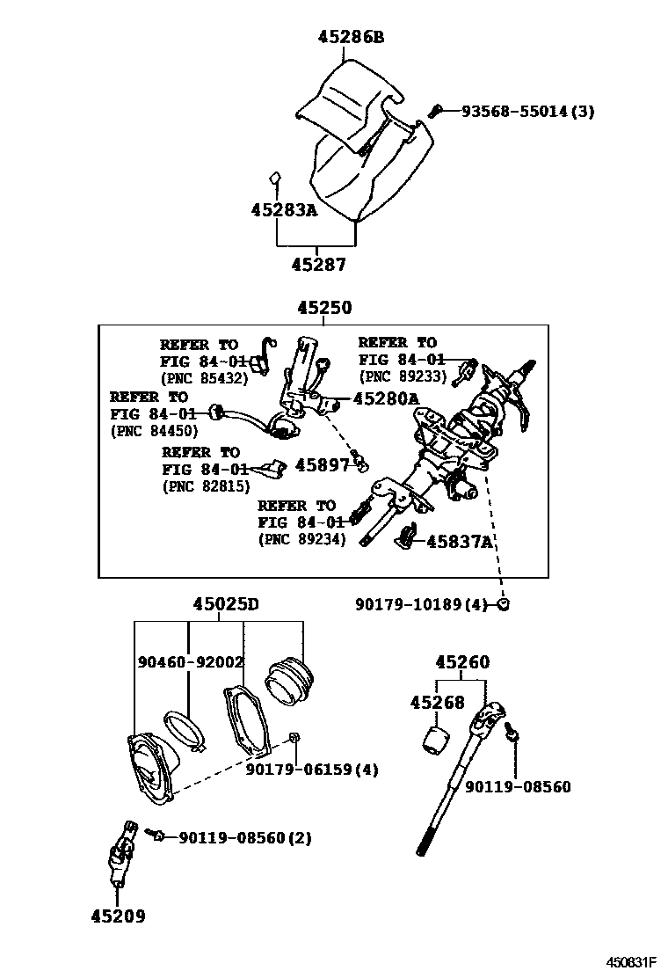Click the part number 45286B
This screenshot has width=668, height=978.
(x=351, y=37)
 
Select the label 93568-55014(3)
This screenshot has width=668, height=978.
(x=528, y=111)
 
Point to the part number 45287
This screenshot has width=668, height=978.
(x=318, y=264)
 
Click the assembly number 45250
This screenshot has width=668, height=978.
(x=323, y=308)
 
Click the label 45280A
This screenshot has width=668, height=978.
(x=386, y=398)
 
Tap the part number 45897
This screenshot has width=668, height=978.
(x=323, y=464)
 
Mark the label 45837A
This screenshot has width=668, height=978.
(x=459, y=542)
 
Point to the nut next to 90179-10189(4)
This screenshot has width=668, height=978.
(x=504, y=604)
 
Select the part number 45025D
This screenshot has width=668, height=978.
(x=226, y=604)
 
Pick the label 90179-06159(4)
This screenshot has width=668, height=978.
(x=312, y=770)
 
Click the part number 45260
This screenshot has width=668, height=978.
(x=462, y=662)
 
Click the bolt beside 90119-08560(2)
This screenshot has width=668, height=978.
(x=157, y=834)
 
